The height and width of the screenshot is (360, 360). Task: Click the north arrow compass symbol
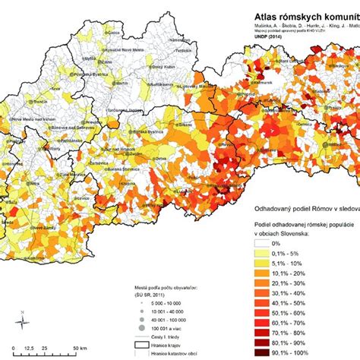(x=24, y=318)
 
